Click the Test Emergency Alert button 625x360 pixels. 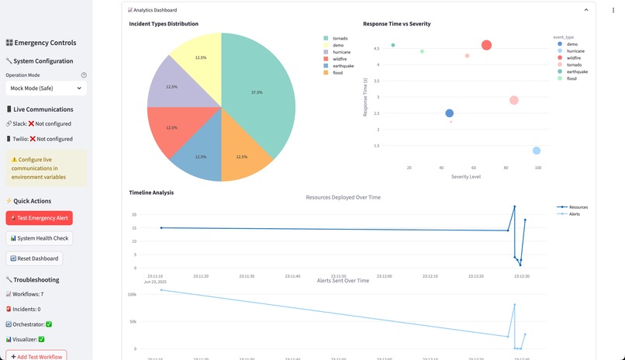coord(39,218)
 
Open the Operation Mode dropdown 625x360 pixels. coord(46,88)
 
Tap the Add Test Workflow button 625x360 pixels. coord(36,355)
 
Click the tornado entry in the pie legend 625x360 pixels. coord(340,38)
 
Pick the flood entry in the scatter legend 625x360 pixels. coord(571,78)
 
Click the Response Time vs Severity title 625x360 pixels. coord(396,24)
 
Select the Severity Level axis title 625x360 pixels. coord(466,177)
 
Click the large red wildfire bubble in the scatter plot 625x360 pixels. coord(486,46)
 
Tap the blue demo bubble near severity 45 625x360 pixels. coord(449,113)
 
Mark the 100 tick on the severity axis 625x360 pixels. coord(537,168)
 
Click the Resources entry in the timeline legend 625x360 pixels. coord(578,207)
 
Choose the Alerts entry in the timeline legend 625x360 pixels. coord(574,214)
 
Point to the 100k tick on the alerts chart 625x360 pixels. coord(131,295)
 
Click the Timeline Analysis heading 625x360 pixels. coord(151,192)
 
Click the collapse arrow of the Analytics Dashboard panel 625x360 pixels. coord(586,10)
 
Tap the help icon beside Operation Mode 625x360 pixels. coord(84,75)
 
